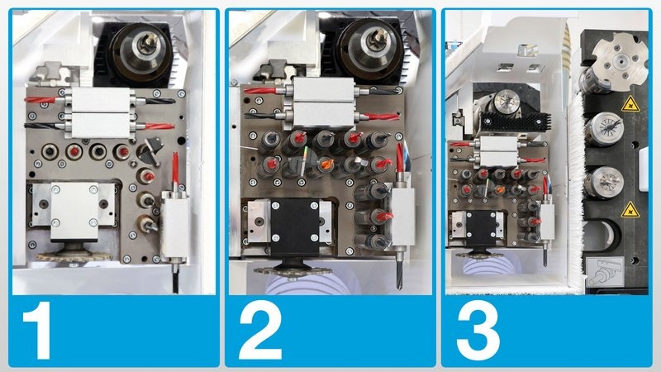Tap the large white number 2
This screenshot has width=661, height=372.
point(260,330)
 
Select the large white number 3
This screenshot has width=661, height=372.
point(478,330)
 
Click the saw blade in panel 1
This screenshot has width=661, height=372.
point(74,256)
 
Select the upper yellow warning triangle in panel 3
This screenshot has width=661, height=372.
point(630,105)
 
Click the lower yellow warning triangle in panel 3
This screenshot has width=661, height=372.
point(630,210)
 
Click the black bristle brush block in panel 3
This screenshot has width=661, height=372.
point(515,122)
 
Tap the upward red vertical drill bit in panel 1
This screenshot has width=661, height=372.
point(175,168)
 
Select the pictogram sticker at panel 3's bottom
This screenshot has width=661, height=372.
point(606,272)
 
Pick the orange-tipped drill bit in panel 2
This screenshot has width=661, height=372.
point(326,164)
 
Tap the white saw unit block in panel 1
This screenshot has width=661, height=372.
point(74,211)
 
